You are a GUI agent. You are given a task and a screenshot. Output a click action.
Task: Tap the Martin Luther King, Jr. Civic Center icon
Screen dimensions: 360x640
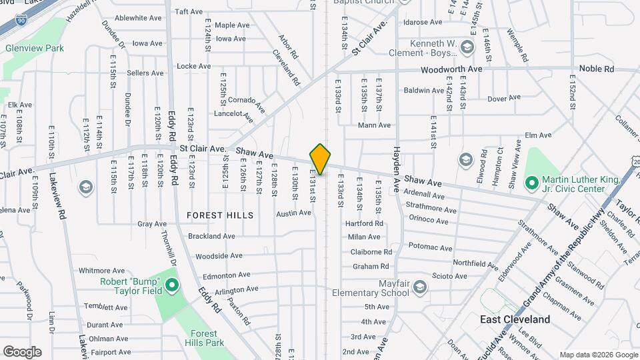point(531,182)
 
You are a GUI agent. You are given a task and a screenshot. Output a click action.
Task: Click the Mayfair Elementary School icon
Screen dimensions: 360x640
point(419,287)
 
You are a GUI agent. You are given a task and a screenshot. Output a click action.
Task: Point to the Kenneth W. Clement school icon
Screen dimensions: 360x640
point(467,47)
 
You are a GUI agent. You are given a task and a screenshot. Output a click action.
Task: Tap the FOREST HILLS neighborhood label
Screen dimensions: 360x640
point(220,215)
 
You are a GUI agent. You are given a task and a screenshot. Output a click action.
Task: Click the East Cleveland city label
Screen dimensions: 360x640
point(515,319)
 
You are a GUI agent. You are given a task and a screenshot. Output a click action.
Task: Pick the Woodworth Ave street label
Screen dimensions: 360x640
point(451,69)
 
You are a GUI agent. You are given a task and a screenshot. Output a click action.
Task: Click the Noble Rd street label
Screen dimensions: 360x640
point(595,69)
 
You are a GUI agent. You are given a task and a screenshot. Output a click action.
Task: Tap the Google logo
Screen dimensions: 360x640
point(22,351)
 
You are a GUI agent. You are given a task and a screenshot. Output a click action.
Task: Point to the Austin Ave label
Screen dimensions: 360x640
point(294,213)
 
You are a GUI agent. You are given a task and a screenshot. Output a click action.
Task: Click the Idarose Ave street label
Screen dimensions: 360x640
point(423,22)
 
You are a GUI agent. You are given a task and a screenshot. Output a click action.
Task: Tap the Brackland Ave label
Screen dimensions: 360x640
point(212,236)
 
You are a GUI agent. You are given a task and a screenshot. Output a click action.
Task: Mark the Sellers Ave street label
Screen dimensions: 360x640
point(145,73)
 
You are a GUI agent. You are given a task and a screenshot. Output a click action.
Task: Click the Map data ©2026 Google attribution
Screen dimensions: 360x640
point(598,354)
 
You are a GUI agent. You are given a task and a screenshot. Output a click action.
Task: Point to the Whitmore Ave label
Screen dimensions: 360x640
point(102,271)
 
